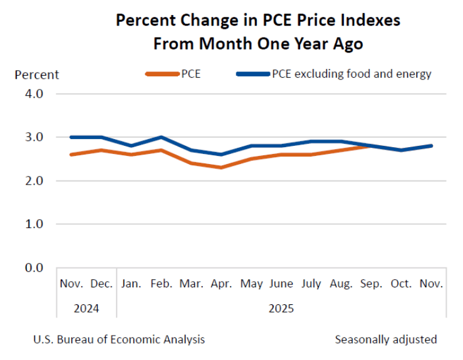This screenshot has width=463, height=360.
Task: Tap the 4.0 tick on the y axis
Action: [x=31, y=94]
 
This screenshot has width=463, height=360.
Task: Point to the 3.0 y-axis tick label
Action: [x=31, y=137]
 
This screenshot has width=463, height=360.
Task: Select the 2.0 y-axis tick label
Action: [x=31, y=180]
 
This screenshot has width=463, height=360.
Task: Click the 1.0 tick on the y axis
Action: [x=31, y=224]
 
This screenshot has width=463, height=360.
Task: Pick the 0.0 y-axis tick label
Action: [x=31, y=267]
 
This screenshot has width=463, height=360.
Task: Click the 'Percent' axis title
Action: [x=36, y=75]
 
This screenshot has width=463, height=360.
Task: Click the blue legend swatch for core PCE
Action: [x=252, y=74]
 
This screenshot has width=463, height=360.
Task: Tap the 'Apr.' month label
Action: [x=222, y=284]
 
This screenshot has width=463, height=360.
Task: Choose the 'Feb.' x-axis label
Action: [x=162, y=284]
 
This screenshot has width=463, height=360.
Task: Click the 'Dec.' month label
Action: [x=101, y=284]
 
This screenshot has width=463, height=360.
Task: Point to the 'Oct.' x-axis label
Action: [x=401, y=284]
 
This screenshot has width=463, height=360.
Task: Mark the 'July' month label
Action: [x=311, y=284]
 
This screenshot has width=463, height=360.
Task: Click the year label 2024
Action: [x=86, y=309]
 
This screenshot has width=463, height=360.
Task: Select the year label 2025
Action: [x=281, y=309]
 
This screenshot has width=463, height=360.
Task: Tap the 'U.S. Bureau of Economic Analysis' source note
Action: [x=118, y=339]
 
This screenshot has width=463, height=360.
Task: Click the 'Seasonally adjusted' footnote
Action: [x=386, y=339]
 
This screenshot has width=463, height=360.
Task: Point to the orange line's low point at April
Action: [x=222, y=167]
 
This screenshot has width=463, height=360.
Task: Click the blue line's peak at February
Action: [x=162, y=137]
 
